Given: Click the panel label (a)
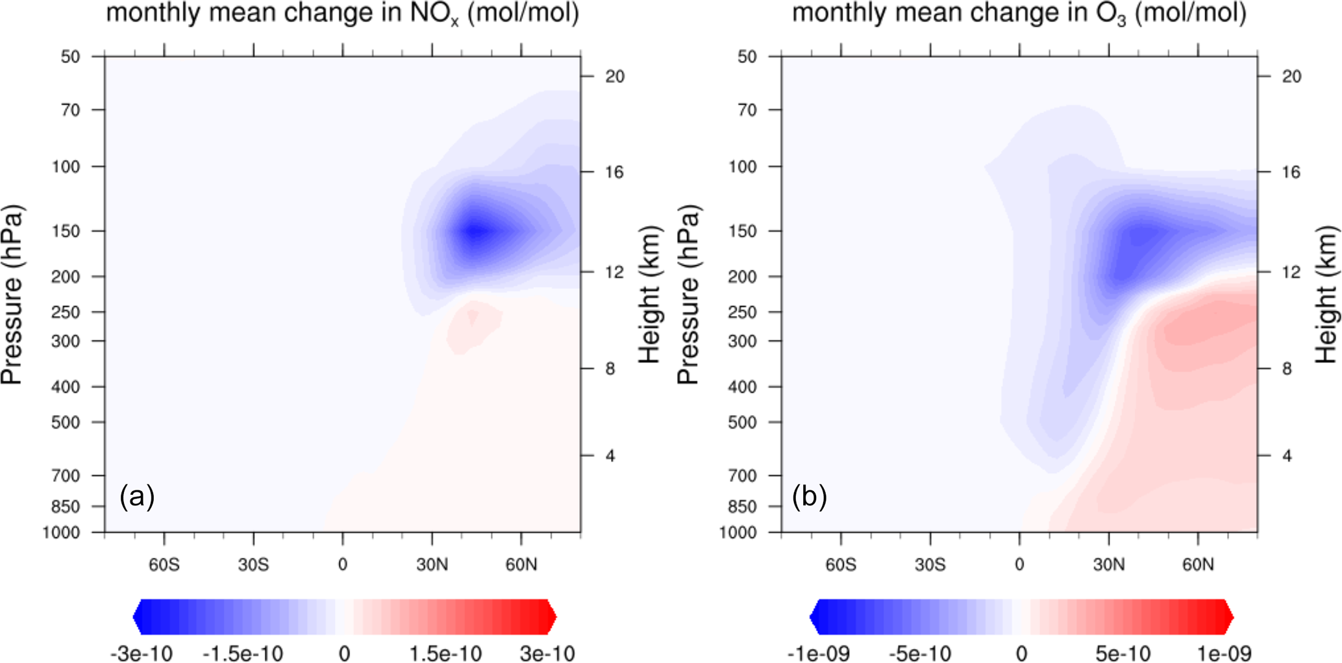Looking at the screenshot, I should (137, 497).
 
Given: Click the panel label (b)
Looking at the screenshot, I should (809, 497).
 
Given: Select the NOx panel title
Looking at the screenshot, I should (342, 13).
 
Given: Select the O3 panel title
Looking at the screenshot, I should (1019, 13).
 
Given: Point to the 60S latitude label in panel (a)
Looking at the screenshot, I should (164, 565).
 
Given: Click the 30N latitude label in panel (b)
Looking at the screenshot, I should (1108, 565).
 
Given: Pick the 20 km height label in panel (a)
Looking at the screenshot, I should (614, 77).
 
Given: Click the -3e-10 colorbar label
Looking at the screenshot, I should (142, 653).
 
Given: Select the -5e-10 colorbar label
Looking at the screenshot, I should (919, 653).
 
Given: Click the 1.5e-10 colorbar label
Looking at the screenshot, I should (445, 653).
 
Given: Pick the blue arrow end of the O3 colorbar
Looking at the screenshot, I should (815, 617).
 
